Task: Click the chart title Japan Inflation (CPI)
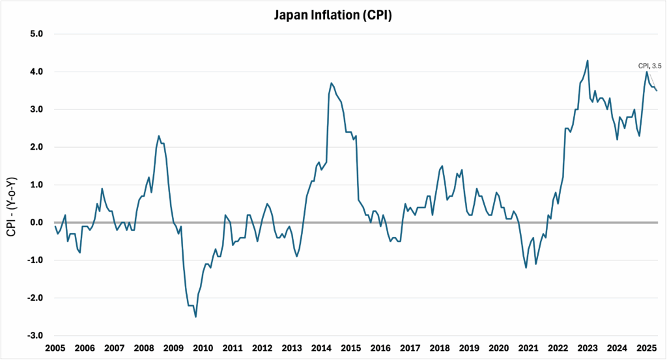coord(333,14)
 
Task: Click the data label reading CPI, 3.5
coord(648,65)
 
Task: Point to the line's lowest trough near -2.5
coord(195,317)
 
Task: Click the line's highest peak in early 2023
coord(588,61)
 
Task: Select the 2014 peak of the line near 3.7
coord(332,83)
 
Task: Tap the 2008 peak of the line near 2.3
coord(159,135)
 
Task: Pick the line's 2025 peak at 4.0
coord(647,72)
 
